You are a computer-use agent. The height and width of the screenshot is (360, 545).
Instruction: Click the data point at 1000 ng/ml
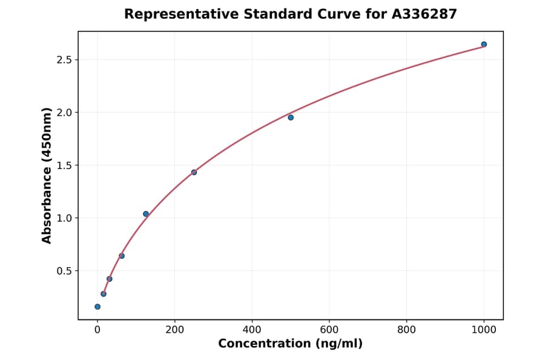(484, 44)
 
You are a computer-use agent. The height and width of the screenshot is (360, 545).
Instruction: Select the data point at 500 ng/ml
(291, 117)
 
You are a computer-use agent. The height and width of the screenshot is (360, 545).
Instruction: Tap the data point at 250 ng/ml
(194, 172)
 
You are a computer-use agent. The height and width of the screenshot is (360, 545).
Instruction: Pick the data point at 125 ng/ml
(146, 214)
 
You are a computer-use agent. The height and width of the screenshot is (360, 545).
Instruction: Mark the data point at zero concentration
(97, 307)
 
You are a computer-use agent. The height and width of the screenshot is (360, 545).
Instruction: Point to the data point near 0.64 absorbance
(122, 256)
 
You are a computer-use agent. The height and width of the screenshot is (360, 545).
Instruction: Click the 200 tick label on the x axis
(174, 330)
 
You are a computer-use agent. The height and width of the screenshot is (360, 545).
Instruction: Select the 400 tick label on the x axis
(252, 330)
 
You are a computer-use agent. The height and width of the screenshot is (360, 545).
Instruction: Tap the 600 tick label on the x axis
(329, 330)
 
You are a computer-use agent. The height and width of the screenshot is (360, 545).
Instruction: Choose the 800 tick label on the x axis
(406, 330)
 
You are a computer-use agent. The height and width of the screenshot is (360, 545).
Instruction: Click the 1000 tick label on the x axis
(484, 330)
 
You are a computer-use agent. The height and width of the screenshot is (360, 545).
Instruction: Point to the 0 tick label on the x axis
(97, 330)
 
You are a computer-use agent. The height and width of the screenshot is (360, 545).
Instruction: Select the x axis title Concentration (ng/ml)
(290, 344)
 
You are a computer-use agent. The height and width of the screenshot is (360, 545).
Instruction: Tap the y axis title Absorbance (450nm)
(47, 175)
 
